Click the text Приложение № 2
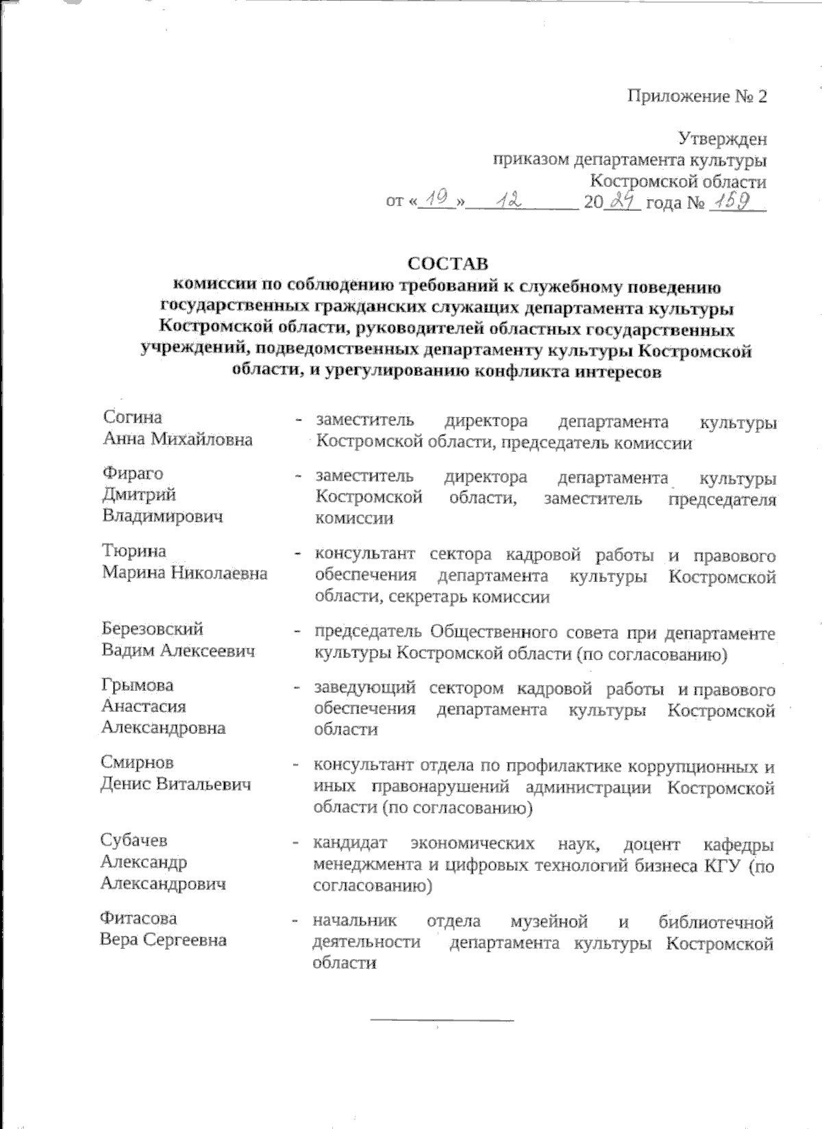pyautogui.click(x=697, y=96)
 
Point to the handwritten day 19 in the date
pyautogui.click(x=437, y=201)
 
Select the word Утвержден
pyautogui.click(x=723, y=140)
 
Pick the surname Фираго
pyautogui.click(x=134, y=474)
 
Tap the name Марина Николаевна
pyautogui.click(x=184, y=573)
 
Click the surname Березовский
pyautogui.click(x=153, y=629)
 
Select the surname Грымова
pyautogui.click(x=138, y=685)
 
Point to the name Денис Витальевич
pyautogui.click(x=176, y=785)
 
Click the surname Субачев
pyautogui.click(x=134, y=841)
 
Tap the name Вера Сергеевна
pyautogui.click(x=163, y=940)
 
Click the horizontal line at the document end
pyautogui.click(x=442, y=1021)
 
